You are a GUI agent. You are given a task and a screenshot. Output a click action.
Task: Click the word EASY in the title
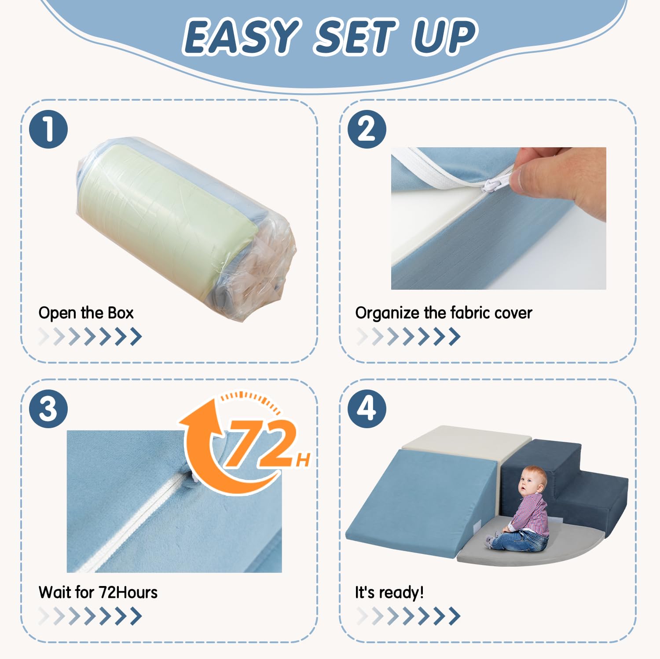240,37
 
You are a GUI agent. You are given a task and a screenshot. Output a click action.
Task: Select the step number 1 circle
48,129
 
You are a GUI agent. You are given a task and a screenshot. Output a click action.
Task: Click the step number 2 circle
367,129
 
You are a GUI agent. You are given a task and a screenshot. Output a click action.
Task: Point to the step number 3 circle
48,408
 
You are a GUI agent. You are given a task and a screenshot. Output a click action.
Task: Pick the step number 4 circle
367,408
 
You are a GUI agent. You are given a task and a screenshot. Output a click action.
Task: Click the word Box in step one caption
121,313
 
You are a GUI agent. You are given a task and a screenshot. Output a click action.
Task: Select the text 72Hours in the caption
128,593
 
